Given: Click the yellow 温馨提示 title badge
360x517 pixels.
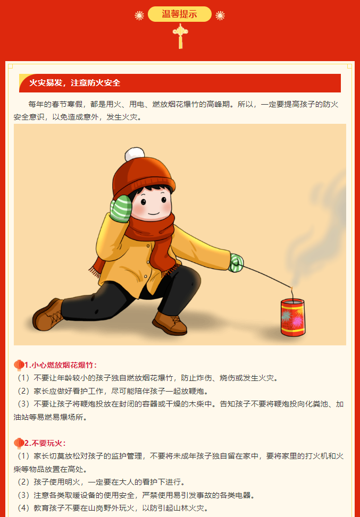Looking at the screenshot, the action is pyautogui.click(x=180, y=14).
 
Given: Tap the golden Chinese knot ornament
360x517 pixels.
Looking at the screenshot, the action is pyautogui.click(x=180, y=36).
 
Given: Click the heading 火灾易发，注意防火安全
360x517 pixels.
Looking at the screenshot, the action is pyautogui.click(x=75, y=83).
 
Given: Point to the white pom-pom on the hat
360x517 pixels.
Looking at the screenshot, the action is pyautogui.click(x=135, y=154).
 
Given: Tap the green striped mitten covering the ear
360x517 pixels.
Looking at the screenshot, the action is pyautogui.click(x=121, y=208).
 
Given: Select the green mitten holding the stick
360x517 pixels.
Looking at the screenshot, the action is pyautogui.click(x=236, y=263).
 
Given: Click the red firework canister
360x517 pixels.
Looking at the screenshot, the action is pyautogui.click(x=292, y=318).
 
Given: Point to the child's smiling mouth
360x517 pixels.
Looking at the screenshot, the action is pyautogui.click(x=154, y=213).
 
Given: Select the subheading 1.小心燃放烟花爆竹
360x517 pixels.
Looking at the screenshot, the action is pyautogui.click(x=61, y=366).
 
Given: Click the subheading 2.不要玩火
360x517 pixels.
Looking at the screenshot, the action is pyautogui.click(x=46, y=443).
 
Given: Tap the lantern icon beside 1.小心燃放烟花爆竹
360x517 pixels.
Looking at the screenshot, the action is pyautogui.click(x=19, y=366).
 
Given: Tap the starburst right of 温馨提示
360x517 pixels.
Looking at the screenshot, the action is pyautogui.click(x=220, y=15).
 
